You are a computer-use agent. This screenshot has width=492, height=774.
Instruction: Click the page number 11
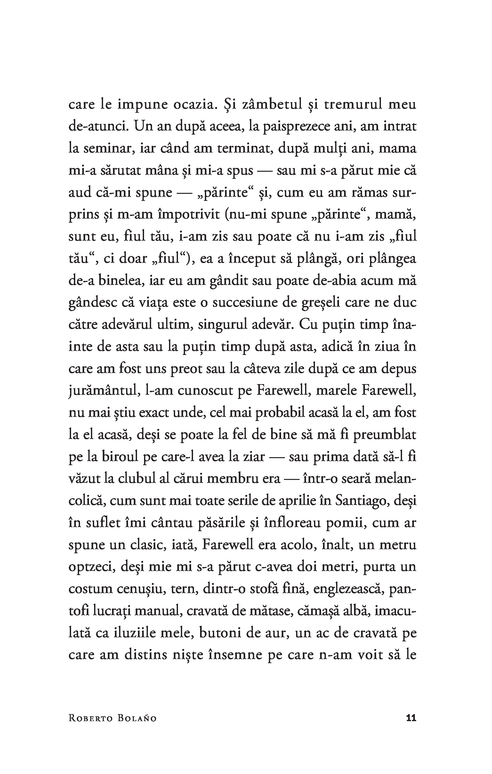point(411,718)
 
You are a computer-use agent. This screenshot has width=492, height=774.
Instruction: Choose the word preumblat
point(382,435)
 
